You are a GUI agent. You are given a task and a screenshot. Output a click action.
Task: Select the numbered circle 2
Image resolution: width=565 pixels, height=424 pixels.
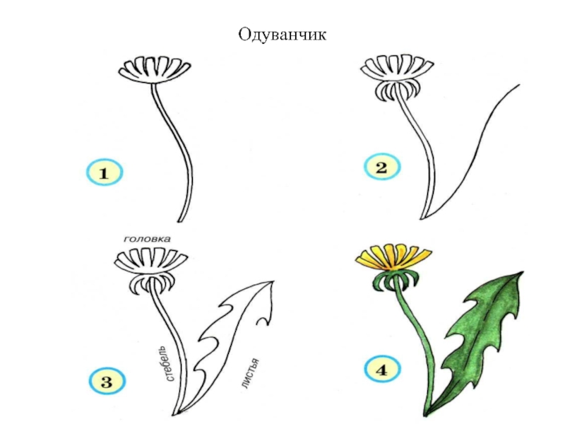pyautogui.click(x=381, y=169)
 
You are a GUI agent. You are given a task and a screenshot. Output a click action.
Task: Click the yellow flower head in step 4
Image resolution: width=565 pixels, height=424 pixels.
pyautogui.click(x=394, y=256)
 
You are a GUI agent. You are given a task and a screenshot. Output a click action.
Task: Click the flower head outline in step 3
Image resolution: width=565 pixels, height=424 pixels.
pyautogui.click(x=150, y=263)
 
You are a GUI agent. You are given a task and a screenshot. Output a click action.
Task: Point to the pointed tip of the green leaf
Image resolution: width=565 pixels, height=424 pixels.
pyautogui.click(x=521, y=273)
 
